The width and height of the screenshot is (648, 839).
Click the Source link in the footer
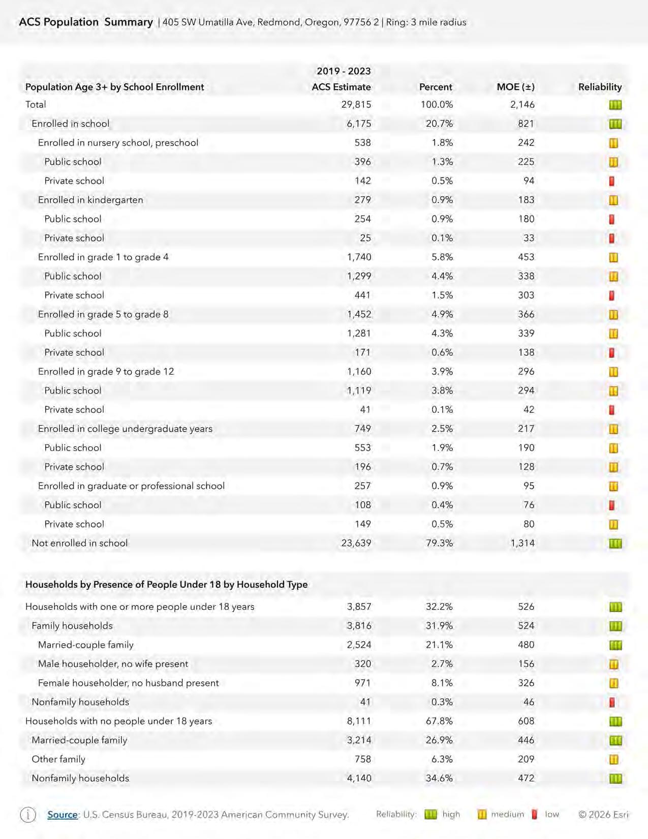[x=62, y=815]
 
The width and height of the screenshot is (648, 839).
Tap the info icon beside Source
[x=28, y=815]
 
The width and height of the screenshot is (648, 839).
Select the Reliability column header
[x=600, y=87]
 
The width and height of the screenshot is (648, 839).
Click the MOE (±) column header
[x=515, y=87]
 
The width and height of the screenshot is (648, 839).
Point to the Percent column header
[x=436, y=87]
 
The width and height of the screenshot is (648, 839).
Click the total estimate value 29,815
[x=356, y=105]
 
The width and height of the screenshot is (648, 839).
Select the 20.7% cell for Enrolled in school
[x=439, y=124]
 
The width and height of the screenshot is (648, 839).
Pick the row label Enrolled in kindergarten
[x=90, y=200]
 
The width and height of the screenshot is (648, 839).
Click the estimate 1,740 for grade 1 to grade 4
[x=359, y=257]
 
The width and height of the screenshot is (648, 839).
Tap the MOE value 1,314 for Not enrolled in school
[x=522, y=543]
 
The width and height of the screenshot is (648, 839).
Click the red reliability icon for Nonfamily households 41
[x=612, y=702]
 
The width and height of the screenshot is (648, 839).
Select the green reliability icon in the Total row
[x=615, y=105]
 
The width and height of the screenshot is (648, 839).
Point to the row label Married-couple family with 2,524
[x=85, y=645]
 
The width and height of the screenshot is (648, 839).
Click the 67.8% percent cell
[x=439, y=721]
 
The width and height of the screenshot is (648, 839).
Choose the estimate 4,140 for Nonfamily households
[x=359, y=778]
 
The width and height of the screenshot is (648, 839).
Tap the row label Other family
[x=58, y=759]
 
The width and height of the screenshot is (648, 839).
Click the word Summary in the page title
[x=129, y=22]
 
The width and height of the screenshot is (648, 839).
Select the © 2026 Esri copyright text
[x=603, y=815]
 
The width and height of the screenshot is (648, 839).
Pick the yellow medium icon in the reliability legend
[x=482, y=815]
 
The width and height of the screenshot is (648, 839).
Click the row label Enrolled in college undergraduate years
[x=125, y=429]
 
